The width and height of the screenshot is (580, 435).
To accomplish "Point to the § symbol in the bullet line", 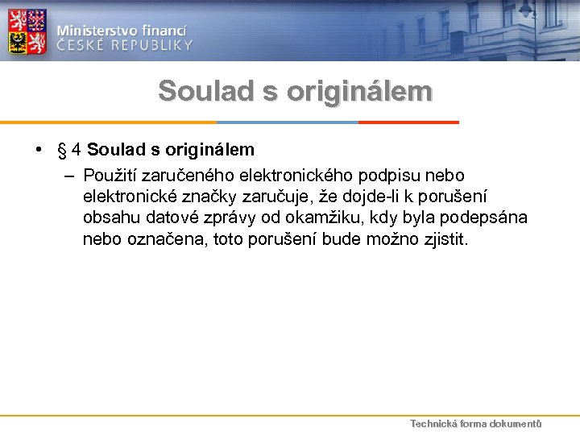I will point(61,150).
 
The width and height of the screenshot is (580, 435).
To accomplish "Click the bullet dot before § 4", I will point(38,150).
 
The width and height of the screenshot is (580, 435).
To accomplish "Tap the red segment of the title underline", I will point(408,122).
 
